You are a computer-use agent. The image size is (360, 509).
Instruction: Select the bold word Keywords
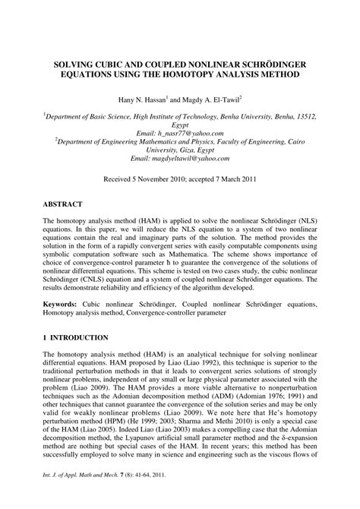pyautogui.click(x=60, y=302)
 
